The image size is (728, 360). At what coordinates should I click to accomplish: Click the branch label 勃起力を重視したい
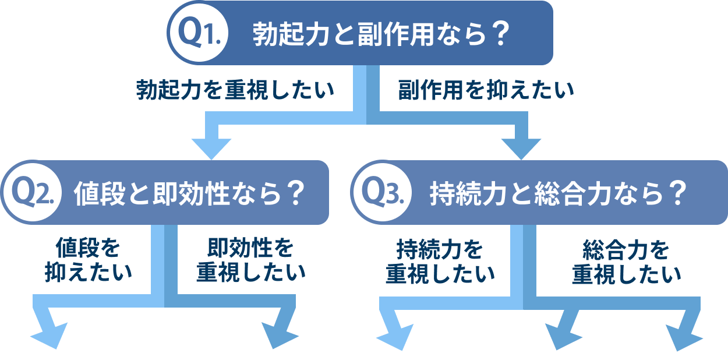point(235,91)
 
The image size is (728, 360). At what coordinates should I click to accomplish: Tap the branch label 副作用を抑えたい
point(486,91)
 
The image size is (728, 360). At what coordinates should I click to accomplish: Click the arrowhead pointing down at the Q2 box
point(211,146)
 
